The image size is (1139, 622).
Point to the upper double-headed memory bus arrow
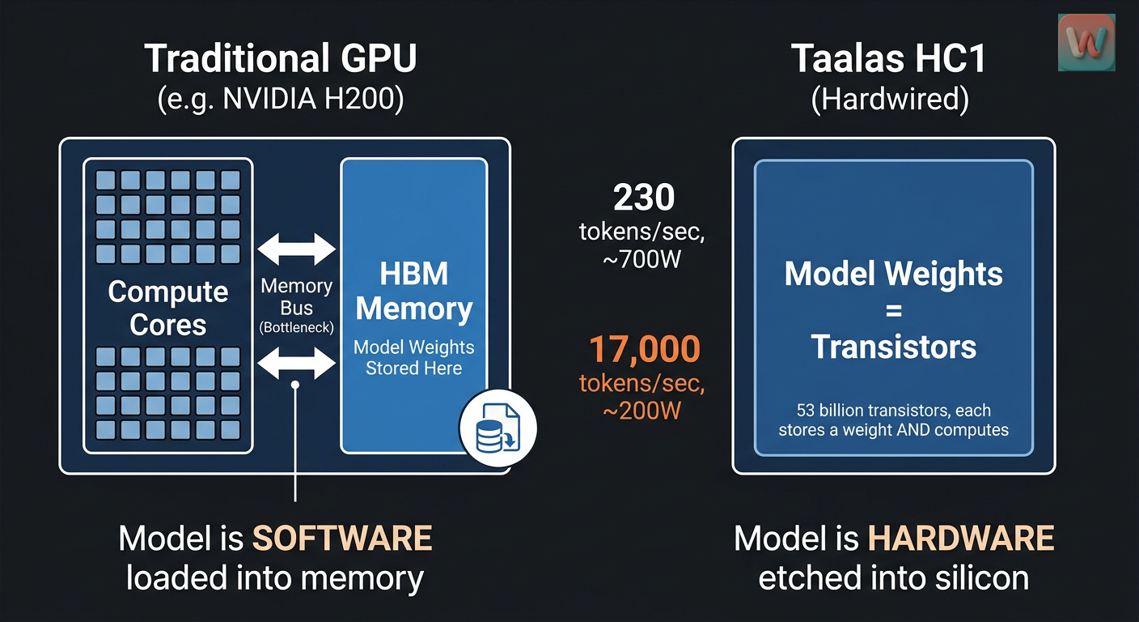pos(296,249)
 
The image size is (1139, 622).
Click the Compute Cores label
pos(168,308)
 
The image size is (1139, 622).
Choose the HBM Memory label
pos(414,292)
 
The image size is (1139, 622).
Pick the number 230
pos(644,198)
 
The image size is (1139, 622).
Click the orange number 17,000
pos(644,349)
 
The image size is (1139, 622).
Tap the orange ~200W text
pos(644,410)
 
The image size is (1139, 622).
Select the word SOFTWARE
pos(342,539)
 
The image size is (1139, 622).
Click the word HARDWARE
pos(961,539)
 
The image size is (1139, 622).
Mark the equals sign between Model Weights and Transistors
pos(893,311)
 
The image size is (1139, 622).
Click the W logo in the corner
pos(1086,41)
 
